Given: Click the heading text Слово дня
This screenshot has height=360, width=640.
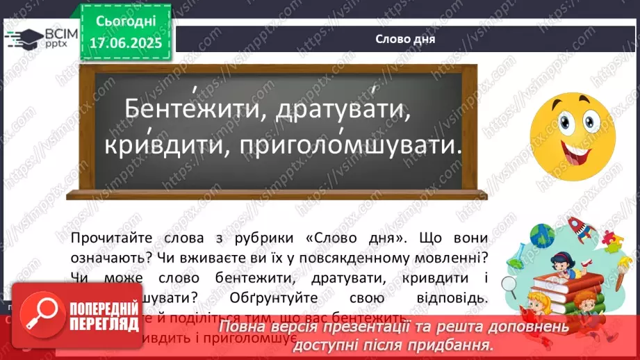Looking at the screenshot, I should (404, 39).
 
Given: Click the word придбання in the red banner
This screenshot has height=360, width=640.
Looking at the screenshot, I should (459, 344).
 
